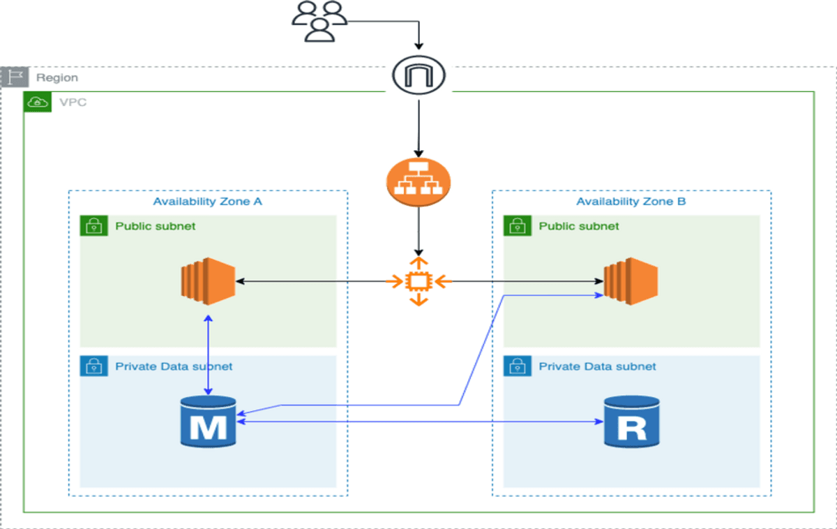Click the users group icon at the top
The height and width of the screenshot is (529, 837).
pos(319,21)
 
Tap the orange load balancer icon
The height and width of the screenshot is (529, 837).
pos(418,183)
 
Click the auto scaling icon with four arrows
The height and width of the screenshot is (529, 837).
pos(418,281)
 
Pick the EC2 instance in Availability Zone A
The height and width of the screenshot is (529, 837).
pos(207,281)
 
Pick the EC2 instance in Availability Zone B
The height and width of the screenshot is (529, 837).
pos(631,281)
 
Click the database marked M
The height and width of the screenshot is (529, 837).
pos(208,421)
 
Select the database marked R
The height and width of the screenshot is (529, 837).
pos(631,421)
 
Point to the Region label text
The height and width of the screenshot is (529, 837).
pos(57,78)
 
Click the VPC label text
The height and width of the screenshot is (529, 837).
pos(73,103)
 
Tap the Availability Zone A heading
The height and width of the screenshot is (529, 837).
pos(208,202)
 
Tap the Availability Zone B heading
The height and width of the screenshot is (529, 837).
pos(631,202)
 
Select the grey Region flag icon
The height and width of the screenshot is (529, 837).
pos(14,77)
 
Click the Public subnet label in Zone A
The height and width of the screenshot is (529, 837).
pos(155,226)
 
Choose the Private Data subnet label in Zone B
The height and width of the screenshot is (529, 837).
pos(597,366)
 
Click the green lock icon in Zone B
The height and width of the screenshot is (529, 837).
pos(517,226)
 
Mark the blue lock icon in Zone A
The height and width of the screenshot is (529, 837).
pos(93,366)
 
